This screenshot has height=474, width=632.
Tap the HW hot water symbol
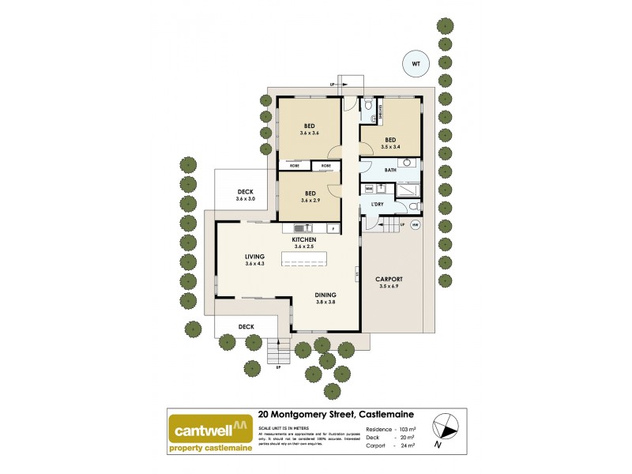coord(415,225)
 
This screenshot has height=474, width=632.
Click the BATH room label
coord(390,170)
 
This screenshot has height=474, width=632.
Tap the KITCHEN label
coord(304,239)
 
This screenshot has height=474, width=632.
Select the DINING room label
coord(304,293)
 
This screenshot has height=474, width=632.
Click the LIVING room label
coord(254,256)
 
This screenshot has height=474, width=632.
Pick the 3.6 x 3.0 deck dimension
coord(246,199)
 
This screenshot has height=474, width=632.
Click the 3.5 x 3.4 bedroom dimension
coord(390,147)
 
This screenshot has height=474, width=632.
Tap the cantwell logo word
coord(202,432)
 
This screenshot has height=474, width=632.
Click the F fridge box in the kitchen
coord(333,229)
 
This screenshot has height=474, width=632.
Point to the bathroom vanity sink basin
coord(408,163)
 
